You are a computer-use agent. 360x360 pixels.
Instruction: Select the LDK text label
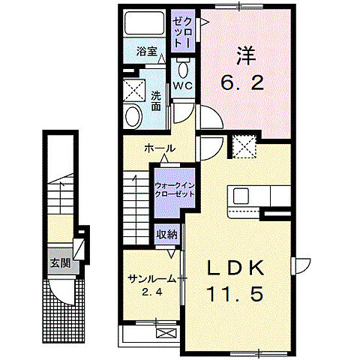(x=235, y=267)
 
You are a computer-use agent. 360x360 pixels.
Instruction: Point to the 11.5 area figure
(x=235, y=294)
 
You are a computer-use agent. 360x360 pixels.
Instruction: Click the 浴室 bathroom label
(x=147, y=52)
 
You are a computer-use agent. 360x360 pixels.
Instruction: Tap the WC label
(x=184, y=86)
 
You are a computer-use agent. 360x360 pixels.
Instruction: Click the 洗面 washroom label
(x=155, y=101)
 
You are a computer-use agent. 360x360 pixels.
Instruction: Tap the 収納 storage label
(x=167, y=234)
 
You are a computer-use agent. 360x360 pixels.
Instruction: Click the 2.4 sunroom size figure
(x=152, y=291)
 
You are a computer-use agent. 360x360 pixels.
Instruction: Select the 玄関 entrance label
(x=60, y=263)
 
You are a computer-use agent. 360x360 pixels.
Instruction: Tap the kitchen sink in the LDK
(x=241, y=196)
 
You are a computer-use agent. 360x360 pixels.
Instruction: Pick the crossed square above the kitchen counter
(x=244, y=147)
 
